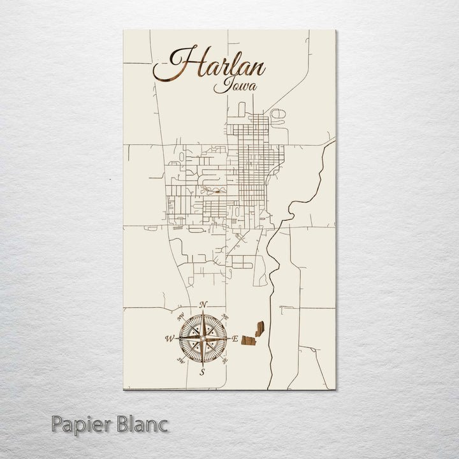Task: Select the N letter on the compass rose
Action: pos(203,305)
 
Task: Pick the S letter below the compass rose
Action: pos(202,372)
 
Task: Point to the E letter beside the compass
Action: pos(235,339)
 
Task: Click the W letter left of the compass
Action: pos(170,339)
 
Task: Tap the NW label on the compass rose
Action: pos(180,316)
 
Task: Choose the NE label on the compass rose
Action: pos(225,317)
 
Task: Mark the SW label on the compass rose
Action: pos(180,361)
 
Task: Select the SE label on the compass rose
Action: pos(224,361)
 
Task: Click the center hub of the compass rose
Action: pos(203,339)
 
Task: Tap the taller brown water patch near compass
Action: pos(259,329)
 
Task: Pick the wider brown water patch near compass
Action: pos(249,340)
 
